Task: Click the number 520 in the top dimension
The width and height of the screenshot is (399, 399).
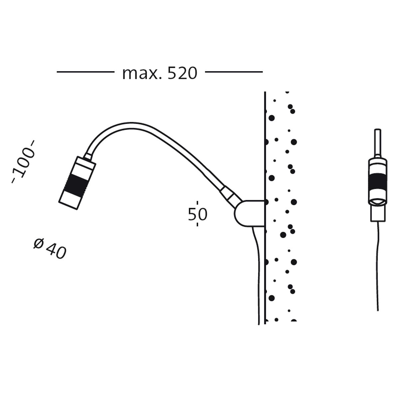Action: click(x=182, y=73)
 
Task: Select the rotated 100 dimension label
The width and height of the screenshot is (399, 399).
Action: click(x=23, y=162)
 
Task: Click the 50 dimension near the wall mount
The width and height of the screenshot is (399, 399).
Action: click(x=197, y=214)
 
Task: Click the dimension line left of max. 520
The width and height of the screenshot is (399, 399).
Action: click(x=85, y=72)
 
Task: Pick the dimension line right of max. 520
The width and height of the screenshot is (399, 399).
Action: click(x=234, y=72)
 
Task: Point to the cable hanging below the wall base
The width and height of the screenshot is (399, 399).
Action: click(x=257, y=275)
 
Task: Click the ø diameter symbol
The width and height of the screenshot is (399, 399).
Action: click(x=39, y=244)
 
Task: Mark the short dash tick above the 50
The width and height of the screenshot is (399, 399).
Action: click(x=197, y=204)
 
